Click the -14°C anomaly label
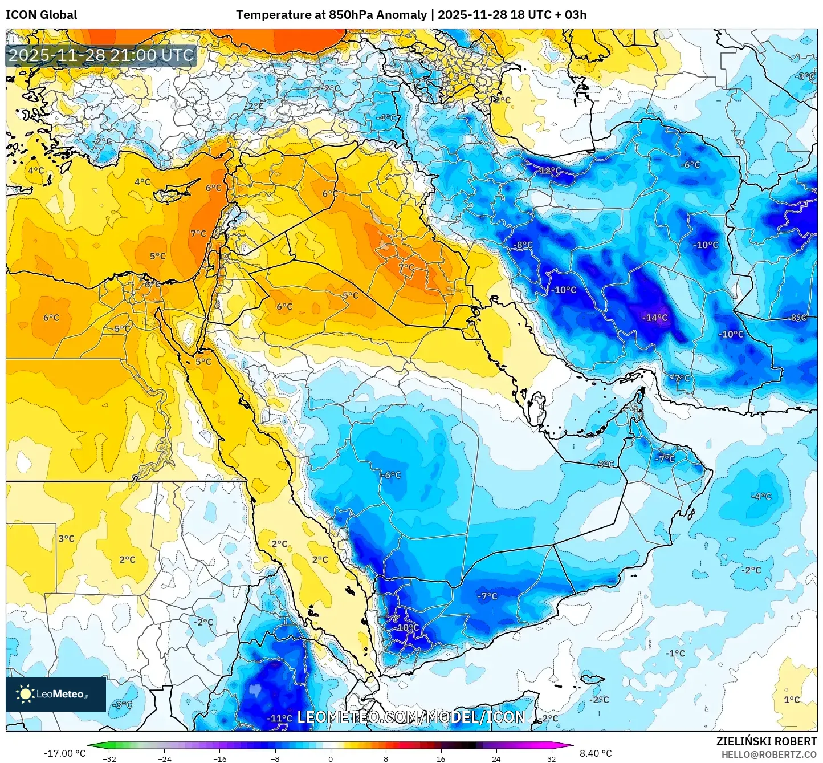(655, 318)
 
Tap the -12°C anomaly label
(549, 171)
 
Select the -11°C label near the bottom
(279, 719)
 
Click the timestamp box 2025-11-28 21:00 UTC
(101, 55)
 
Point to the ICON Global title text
(41, 15)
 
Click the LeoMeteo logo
(55, 694)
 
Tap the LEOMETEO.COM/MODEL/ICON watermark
(411, 717)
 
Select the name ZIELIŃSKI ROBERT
(766, 741)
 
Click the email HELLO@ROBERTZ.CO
(769, 754)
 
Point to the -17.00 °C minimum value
(64, 753)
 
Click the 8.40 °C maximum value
(596, 753)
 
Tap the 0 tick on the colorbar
(331, 759)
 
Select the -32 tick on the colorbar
(109, 759)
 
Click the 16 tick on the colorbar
(441, 759)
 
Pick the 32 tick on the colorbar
(551, 759)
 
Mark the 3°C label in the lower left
(66, 538)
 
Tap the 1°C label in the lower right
(792, 700)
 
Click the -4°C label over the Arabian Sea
(761, 496)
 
